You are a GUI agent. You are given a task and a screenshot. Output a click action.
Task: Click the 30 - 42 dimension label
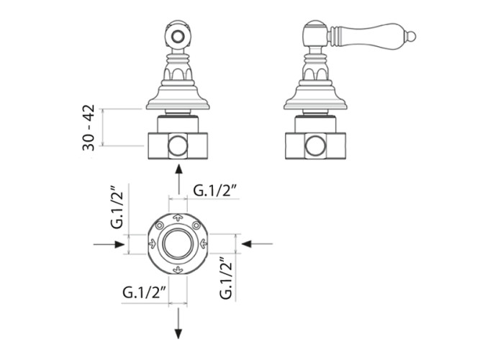click(x=89, y=127)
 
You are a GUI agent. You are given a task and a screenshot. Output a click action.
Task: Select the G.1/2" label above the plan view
click(x=216, y=191)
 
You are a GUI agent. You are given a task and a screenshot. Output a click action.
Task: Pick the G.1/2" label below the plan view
click(x=145, y=292)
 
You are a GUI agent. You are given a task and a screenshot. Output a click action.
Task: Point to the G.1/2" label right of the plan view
click(x=226, y=277)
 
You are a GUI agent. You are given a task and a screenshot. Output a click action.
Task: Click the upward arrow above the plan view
click(x=178, y=179)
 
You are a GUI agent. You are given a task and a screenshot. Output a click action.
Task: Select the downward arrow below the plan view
click(x=178, y=323)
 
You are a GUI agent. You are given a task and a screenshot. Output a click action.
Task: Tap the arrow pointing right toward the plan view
click(x=109, y=244)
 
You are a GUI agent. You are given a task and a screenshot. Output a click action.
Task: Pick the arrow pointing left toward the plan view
click(x=257, y=244)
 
